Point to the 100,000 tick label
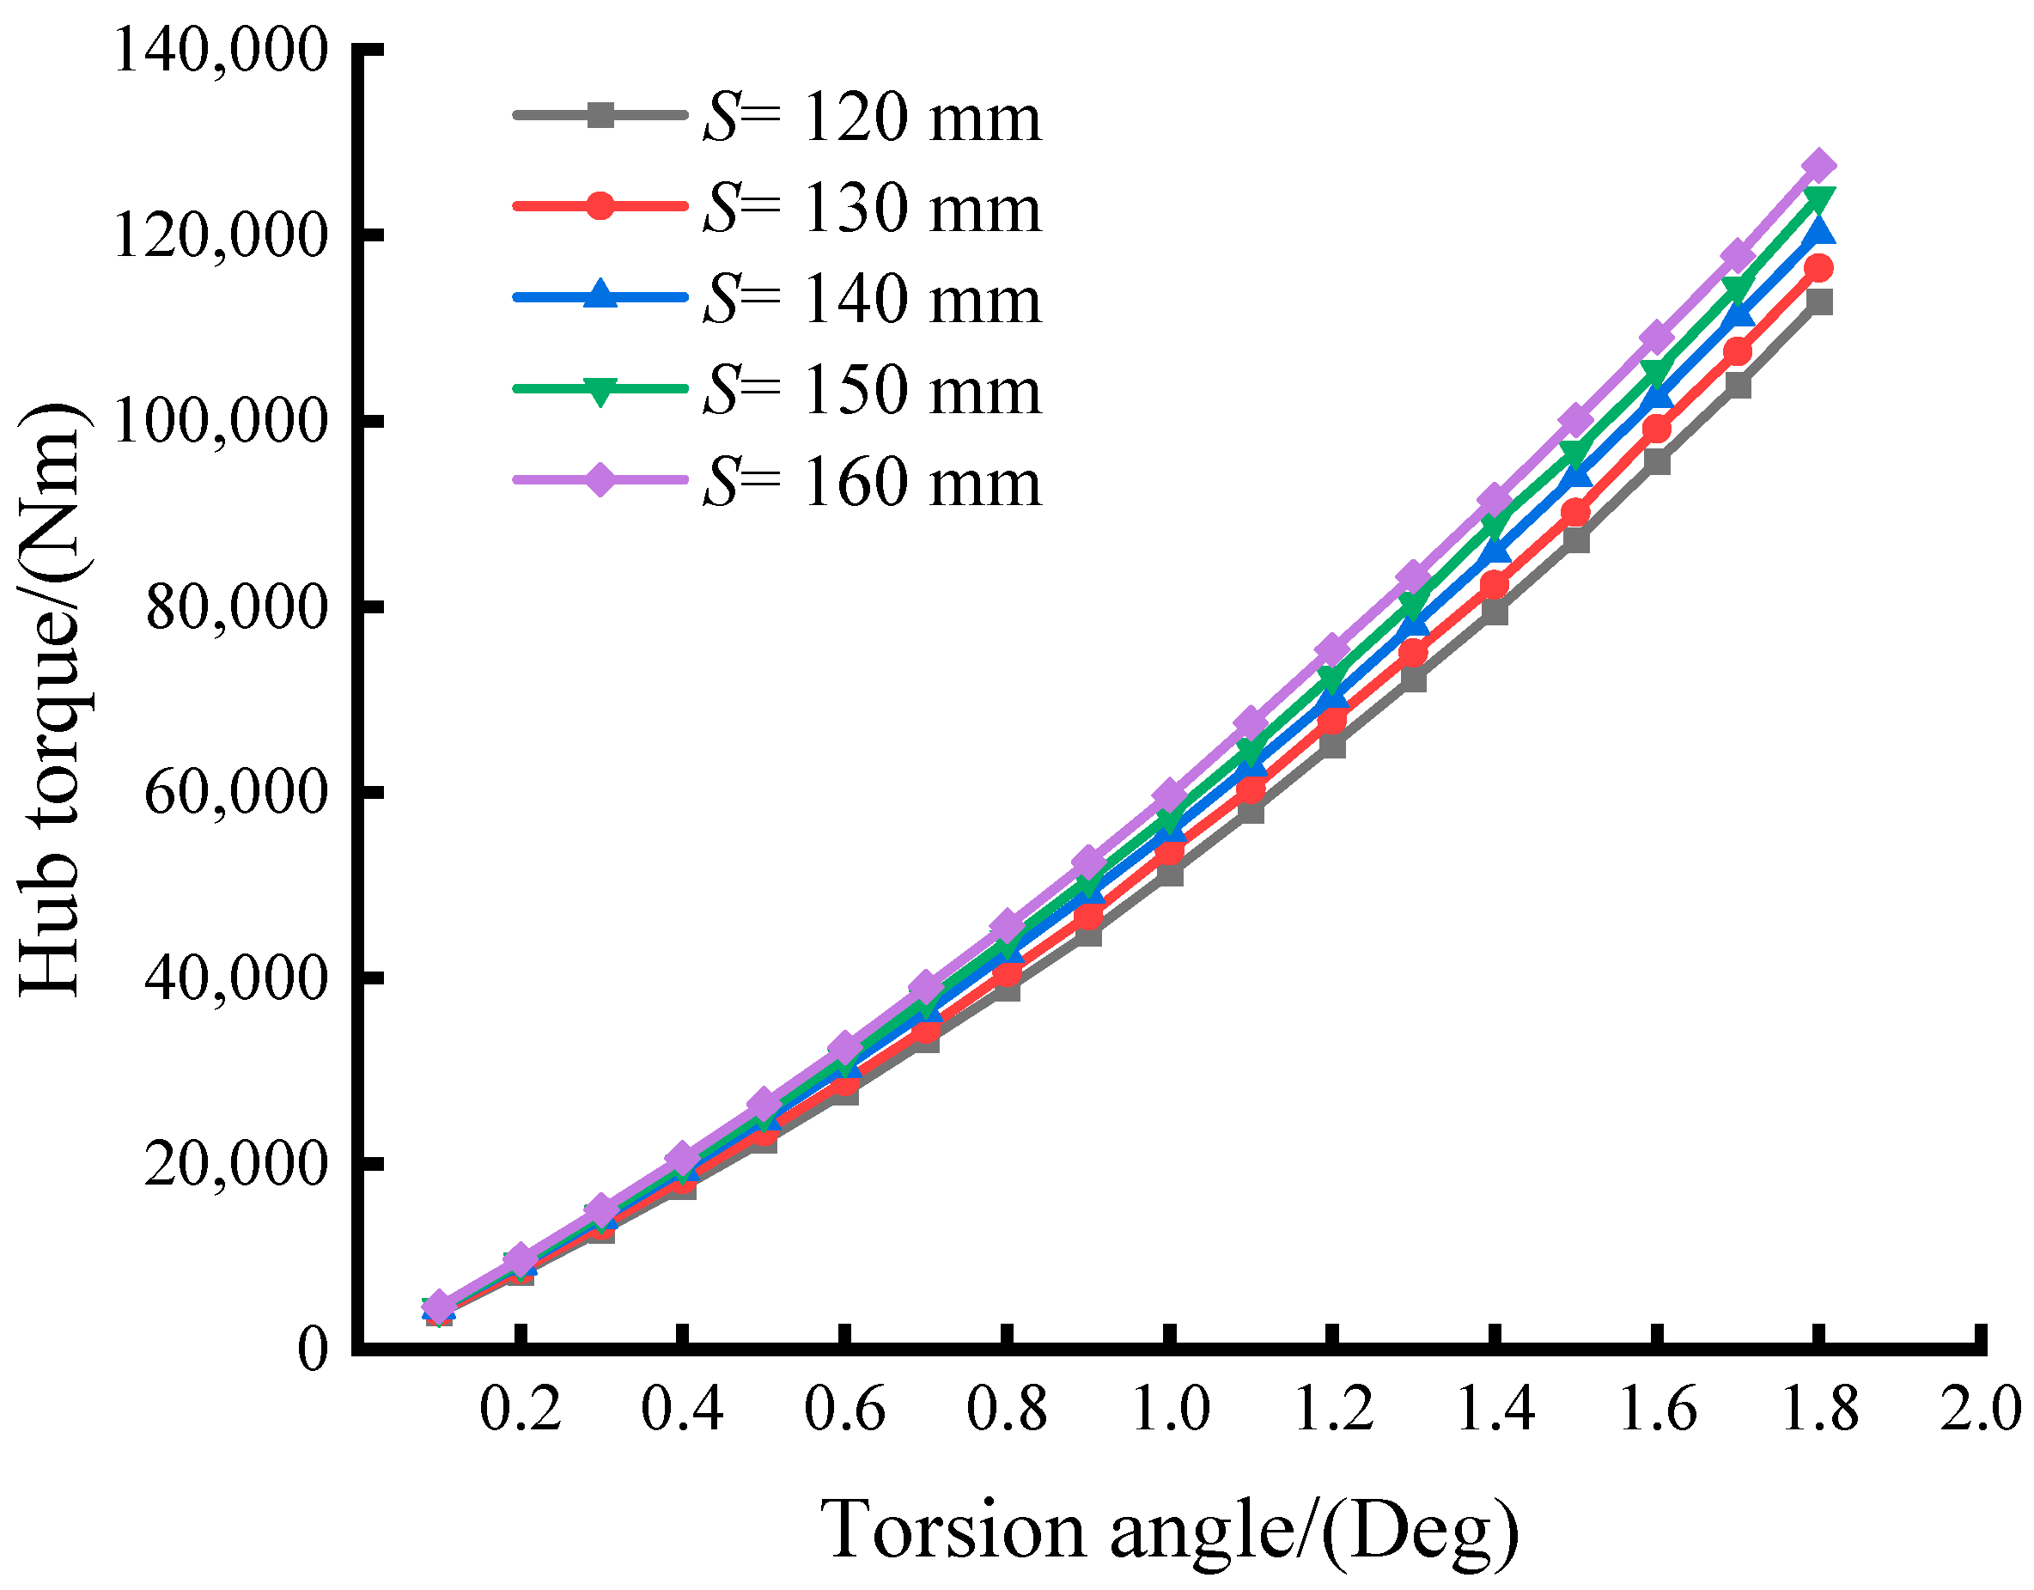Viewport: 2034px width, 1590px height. click(x=221, y=421)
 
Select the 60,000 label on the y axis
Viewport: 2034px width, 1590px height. click(x=236, y=792)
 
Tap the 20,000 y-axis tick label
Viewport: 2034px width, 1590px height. click(x=236, y=1163)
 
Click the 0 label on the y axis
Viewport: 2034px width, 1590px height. click(x=313, y=1348)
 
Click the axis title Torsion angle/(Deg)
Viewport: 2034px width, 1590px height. click(x=1170, y=1531)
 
